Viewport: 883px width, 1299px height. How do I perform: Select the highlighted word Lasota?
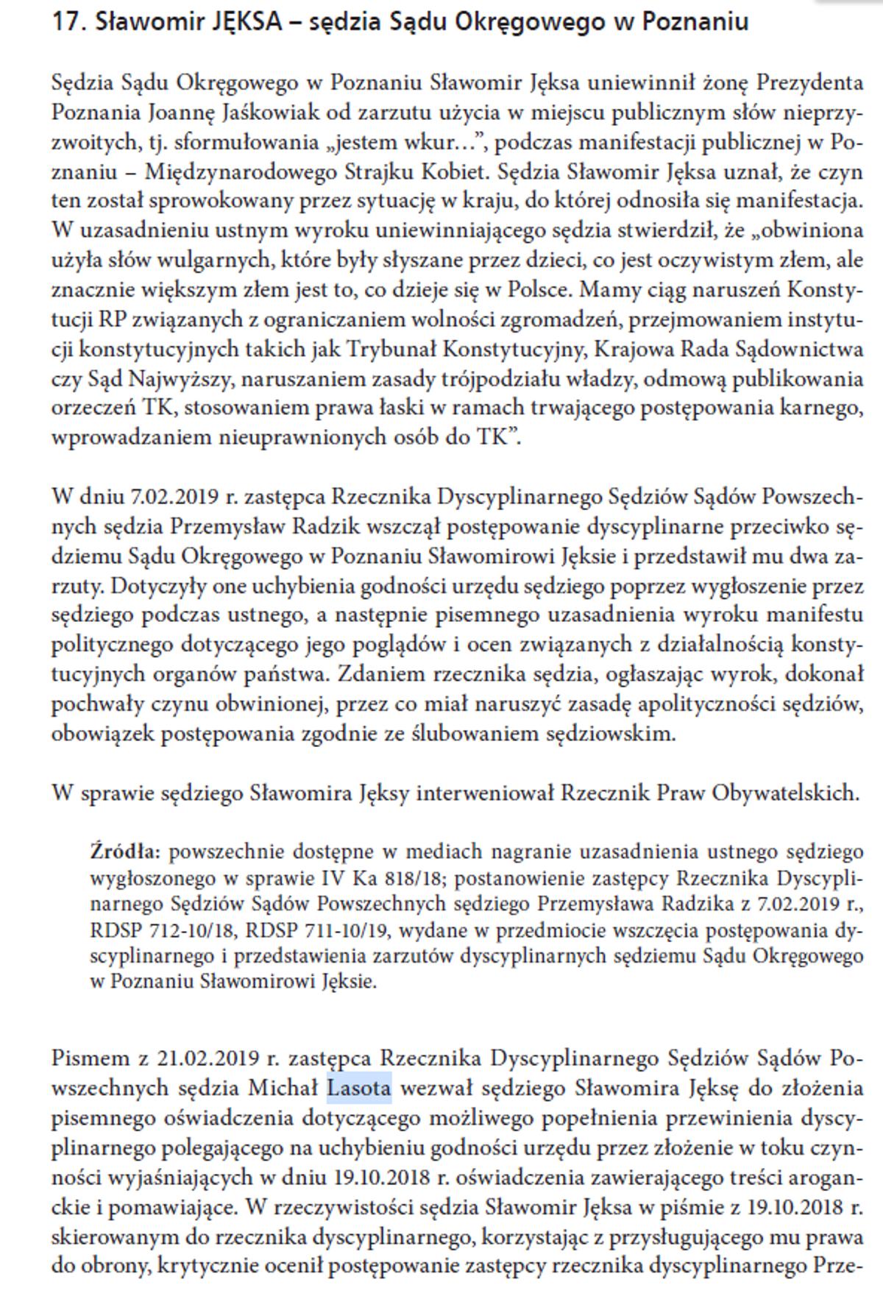359,1088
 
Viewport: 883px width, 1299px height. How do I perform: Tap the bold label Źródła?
124,852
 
